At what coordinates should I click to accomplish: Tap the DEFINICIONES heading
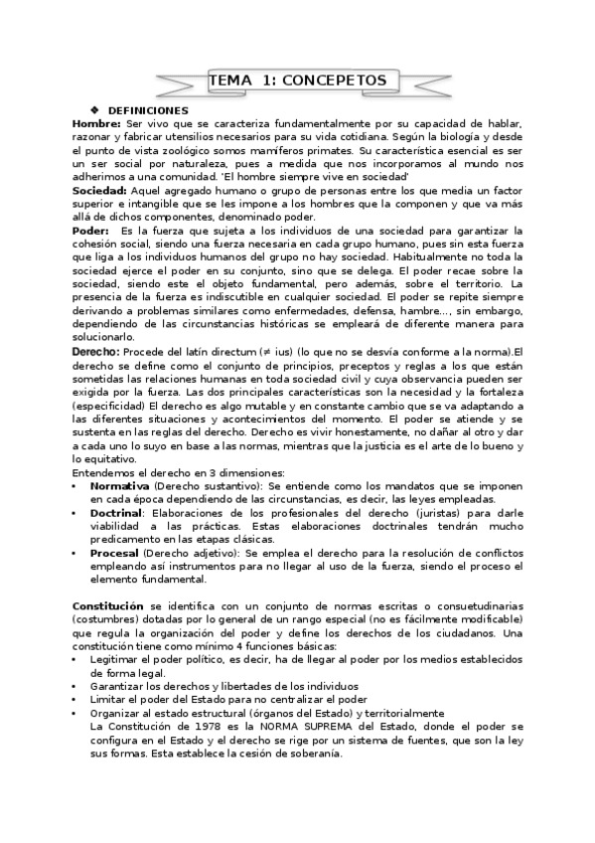pyautogui.click(x=147, y=109)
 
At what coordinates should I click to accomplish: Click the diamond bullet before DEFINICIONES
pyautogui.click(x=95, y=109)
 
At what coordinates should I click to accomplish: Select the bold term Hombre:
pyautogui.click(x=96, y=122)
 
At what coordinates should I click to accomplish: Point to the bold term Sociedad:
pyautogui.click(x=99, y=190)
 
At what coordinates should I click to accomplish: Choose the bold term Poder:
pyautogui.click(x=91, y=231)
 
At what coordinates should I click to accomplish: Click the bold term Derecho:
pyautogui.click(x=96, y=351)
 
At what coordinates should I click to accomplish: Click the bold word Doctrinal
pyautogui.click(x=116, y=512)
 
